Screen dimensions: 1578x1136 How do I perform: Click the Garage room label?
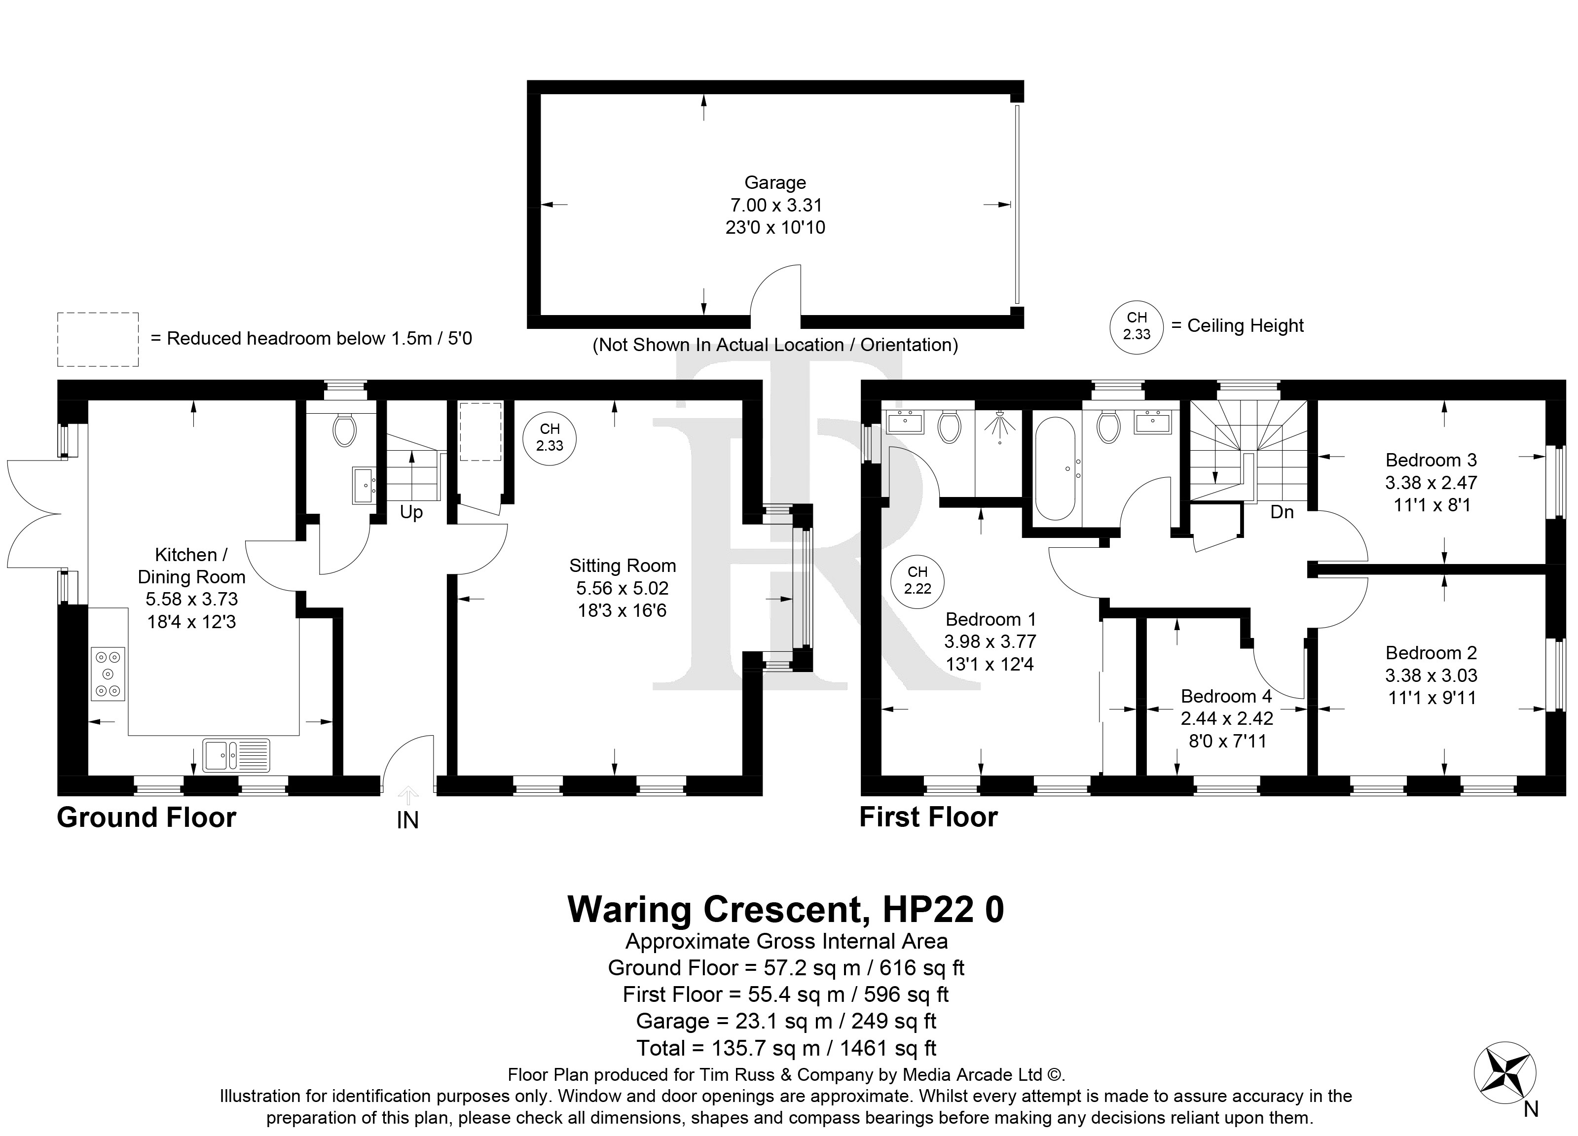click(775, 182)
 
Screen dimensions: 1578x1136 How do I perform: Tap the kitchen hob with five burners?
click(108, 674)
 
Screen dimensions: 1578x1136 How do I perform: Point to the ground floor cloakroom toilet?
click(344, 429)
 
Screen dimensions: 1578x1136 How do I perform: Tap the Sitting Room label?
click(622, 566)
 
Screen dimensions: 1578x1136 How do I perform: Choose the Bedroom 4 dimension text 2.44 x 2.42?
click(1227, 718)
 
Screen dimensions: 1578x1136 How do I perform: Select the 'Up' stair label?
click(411, 513)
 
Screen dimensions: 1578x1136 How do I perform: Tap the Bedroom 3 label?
click(1431, 460)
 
